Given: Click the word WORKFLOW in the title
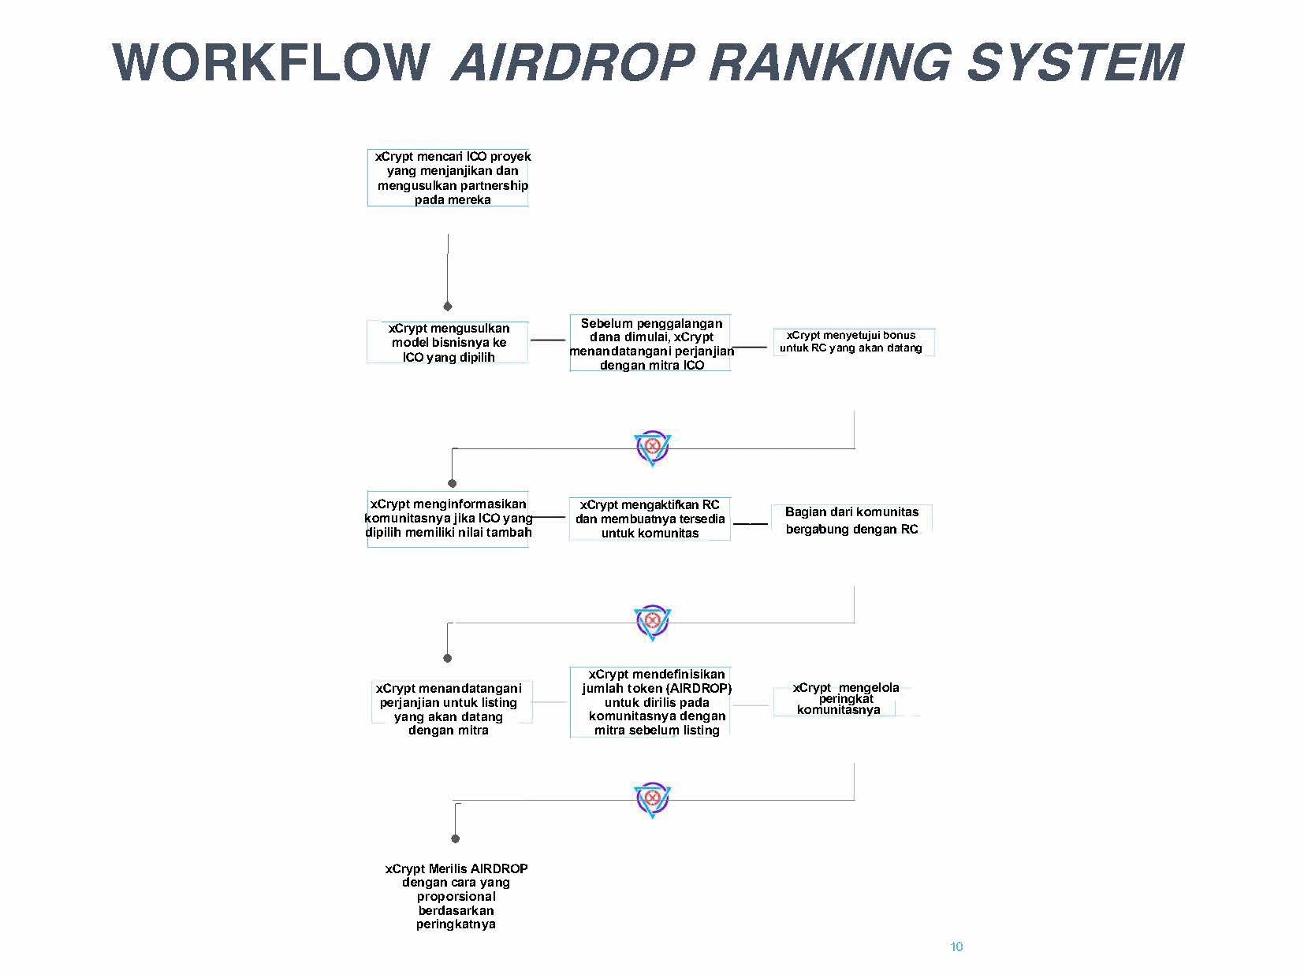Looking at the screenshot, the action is coord(270,62).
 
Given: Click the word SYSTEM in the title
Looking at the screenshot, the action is coord(1075,62).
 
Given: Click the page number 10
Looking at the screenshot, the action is coord(956,946).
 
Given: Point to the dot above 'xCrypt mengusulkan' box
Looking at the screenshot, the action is coord(448,307).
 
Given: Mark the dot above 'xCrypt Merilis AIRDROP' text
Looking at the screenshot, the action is coord(456,839).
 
